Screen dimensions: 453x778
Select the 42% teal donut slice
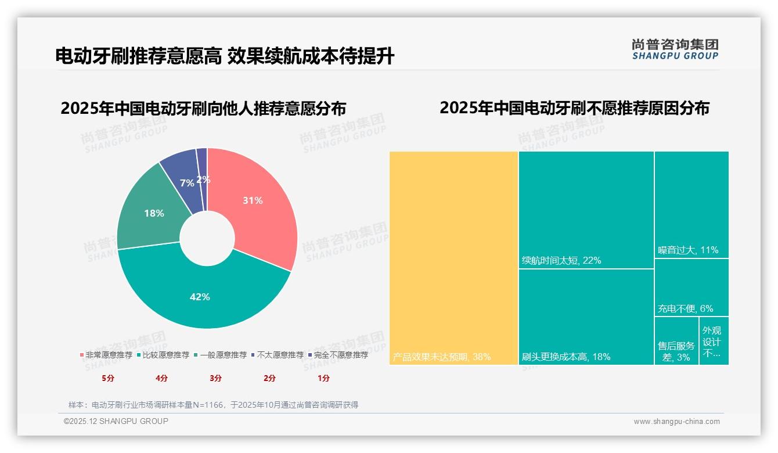[x=200, y=296]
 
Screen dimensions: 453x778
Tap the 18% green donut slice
[x=152, y=214]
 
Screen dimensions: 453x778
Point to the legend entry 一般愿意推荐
[x=223, y=355]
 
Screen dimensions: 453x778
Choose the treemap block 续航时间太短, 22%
[x=586, y=209]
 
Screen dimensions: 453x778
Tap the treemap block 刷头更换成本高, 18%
[x=586, y=317]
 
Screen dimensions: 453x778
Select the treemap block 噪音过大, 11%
[x=691, y=203]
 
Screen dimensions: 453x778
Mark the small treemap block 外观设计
[x=714, y=341]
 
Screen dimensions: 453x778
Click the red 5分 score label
[x=108, y=378]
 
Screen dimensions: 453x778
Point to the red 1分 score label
[x=323, y=378]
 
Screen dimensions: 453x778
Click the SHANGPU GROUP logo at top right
[x=675, y=49]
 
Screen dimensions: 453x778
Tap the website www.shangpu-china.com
[x=676, y=422]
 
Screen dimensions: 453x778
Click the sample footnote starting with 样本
[x=213, y=405]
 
